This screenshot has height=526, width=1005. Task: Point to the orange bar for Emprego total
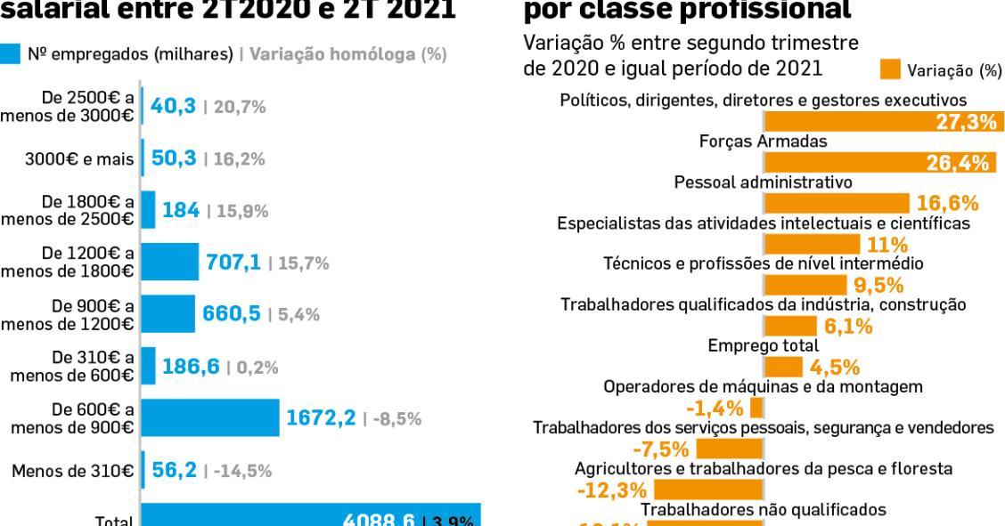coord(783,367)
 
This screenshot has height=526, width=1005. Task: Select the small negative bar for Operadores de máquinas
coord(756,408)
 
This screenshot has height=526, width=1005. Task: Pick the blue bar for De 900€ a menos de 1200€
coord(167,314)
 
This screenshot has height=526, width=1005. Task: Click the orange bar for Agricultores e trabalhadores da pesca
coord(709,490)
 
